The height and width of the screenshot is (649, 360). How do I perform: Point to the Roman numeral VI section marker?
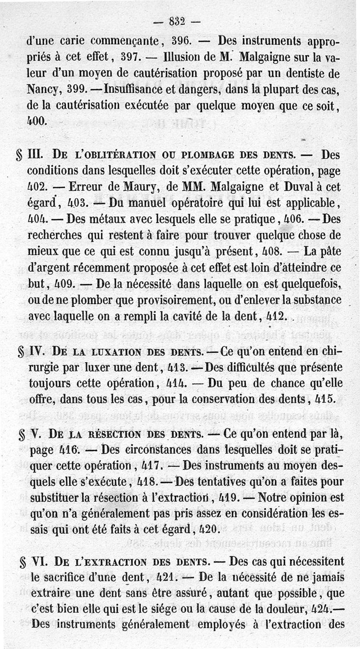38,562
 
